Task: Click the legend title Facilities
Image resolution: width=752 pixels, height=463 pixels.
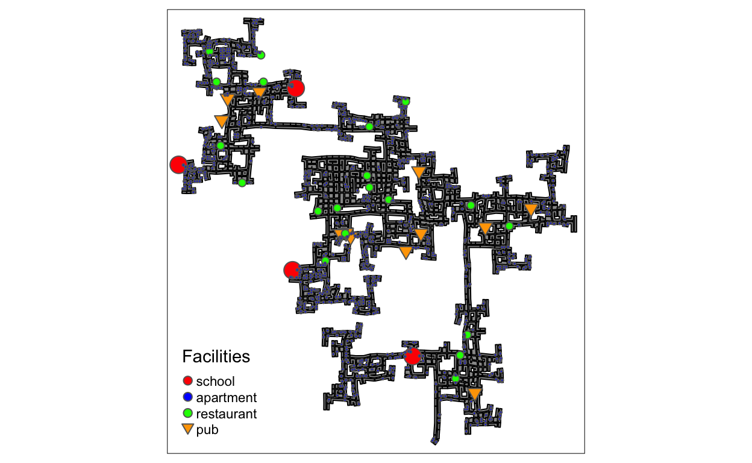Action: tap(216, 356)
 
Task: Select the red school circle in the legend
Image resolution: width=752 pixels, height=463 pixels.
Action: tap(187, 380)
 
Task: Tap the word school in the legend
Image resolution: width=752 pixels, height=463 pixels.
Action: tap(215, 382)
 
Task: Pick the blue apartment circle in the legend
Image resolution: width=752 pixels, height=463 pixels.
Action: tap(187, 397)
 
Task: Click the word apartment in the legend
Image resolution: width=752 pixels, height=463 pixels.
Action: tap(227, 398)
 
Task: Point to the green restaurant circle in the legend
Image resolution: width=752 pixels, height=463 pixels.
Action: tap(187, 413)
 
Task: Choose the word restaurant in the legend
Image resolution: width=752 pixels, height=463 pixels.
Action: tap(227, 414)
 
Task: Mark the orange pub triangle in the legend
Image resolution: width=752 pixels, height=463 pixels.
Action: tap(187, 429)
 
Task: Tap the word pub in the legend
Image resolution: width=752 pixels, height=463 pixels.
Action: tap(207, 430)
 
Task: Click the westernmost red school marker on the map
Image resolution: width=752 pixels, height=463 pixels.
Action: tap(178, 165)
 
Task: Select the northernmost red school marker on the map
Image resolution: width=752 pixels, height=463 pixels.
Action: tap(296, 89)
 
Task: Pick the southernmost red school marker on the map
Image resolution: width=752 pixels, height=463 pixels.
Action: tap(413, 356)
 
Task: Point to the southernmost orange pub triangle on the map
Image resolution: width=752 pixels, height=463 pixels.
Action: tap(475, 394)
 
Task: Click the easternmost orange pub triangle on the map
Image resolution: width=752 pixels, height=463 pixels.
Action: tap(531, 209)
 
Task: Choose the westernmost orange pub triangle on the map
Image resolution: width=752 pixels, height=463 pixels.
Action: tap(221, 121)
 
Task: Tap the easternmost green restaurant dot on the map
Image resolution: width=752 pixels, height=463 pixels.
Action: tap(509, 226)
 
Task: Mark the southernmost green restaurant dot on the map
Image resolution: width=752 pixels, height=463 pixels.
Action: tap(456, 379)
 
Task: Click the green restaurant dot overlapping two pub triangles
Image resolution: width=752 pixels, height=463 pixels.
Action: tap(345, 233)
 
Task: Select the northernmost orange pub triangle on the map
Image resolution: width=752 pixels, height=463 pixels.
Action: tap(259, 92)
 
